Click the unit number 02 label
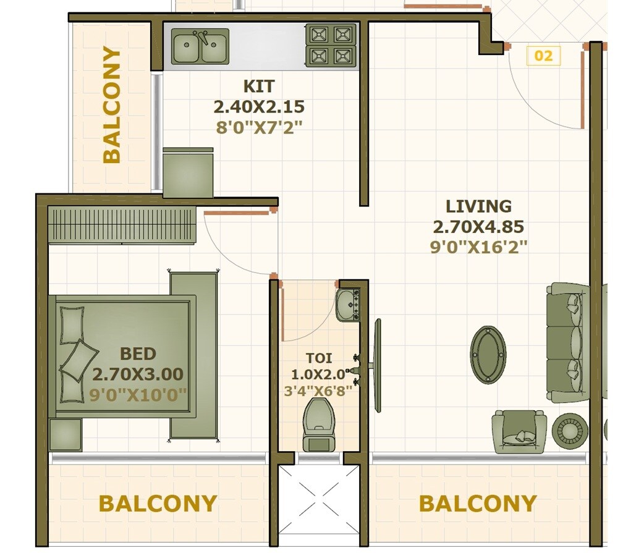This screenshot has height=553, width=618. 543,56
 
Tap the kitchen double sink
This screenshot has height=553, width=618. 200,47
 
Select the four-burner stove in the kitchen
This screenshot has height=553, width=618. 331,44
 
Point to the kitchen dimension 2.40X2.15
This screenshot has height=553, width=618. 259,107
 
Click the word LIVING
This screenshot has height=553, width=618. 478,206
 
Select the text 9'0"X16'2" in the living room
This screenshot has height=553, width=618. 478,247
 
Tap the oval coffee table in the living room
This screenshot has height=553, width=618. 488,355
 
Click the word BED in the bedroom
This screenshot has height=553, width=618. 138,354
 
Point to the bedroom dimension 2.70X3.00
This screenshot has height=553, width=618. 138,374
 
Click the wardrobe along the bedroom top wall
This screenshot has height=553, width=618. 122,226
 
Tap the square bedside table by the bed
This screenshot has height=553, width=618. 66,434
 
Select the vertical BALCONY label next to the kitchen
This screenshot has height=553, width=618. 112,105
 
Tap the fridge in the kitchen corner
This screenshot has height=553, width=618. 188,174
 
